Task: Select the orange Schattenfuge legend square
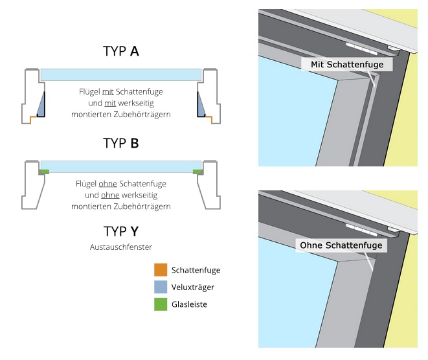pos(161,270)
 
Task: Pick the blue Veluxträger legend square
pos(161,287)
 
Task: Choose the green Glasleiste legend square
pos(161,304)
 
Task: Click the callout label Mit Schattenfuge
pos(346,65)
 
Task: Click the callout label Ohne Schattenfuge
pos(341,246)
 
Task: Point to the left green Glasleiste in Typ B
pos(44,171)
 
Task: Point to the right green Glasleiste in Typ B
pos(197,171)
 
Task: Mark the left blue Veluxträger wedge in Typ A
pos(41,104)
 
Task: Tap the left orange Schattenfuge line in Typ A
pos(32,117)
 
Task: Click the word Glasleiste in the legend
pos(190,304)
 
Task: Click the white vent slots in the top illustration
pos(361,48)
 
